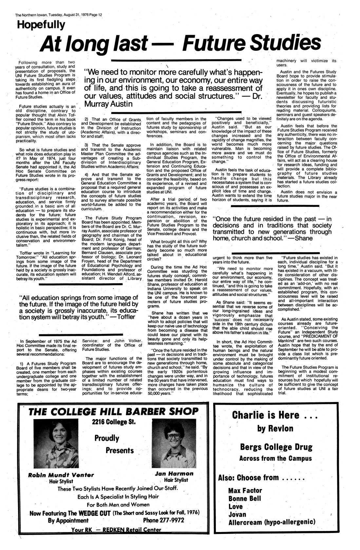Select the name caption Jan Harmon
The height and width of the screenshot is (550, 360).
[x=174, y=474]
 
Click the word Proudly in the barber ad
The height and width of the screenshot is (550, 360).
[x=107, y=438]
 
